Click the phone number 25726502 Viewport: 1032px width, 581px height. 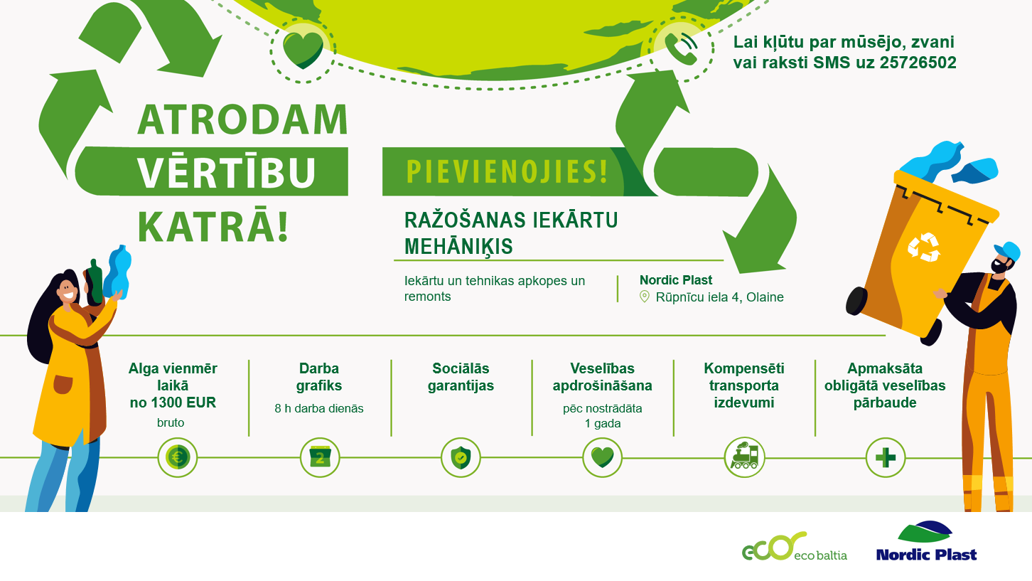918,63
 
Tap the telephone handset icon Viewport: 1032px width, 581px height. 681,48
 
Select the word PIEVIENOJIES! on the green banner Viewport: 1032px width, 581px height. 507,172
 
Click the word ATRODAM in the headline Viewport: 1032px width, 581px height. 243,119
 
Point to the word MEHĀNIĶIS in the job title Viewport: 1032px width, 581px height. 458,246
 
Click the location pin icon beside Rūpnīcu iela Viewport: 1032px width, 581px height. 645,297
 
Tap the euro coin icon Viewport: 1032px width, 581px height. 178,458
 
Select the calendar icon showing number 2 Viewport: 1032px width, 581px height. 320,458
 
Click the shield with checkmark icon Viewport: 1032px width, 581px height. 461,458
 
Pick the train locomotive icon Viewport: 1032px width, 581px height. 744,457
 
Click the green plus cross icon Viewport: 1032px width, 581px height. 885,458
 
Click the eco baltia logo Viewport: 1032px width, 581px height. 795,547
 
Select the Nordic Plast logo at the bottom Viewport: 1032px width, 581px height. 926,541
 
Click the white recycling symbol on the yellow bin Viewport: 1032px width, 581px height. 923,247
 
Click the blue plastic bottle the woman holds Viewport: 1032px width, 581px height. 117,273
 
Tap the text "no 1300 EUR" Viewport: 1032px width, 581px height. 173,403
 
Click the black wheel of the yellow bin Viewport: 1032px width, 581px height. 856,301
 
